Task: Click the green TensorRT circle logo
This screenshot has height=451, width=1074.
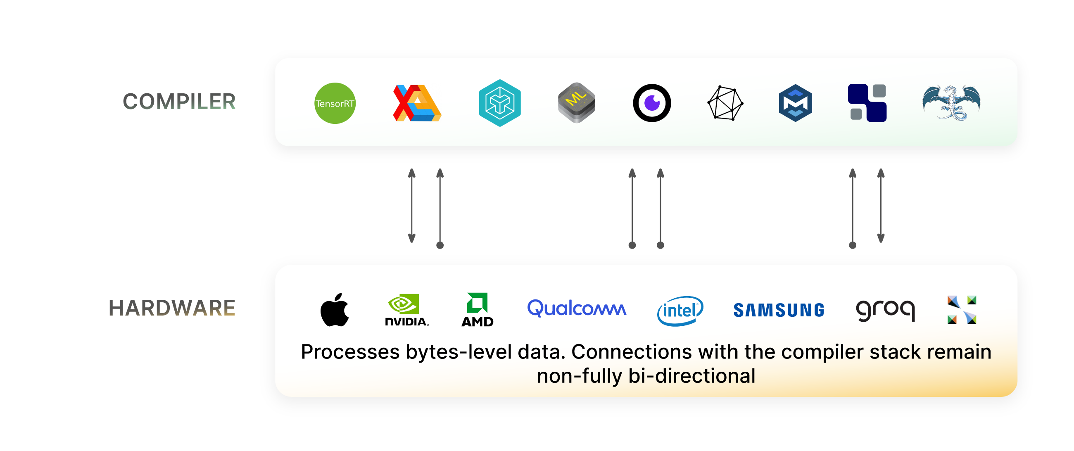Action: tap(335, 103)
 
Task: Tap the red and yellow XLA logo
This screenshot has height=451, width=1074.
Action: tap(416, 103)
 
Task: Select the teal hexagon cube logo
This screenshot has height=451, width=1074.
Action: tap(499, 103)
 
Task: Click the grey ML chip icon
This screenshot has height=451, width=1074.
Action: tap(577, 102)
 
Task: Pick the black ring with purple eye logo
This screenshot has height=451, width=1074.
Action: tap(652, 103)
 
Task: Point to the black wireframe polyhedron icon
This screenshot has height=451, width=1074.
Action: tap(725, 103)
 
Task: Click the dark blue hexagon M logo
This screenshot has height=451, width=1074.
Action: tap(795, 103)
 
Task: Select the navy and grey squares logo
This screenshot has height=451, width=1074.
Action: tap(867, 103)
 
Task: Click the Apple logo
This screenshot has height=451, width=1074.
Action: tap(334, 310)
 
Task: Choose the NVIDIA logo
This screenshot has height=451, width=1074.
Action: tap(406, 310)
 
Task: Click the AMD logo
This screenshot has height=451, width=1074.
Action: tap(478, 310)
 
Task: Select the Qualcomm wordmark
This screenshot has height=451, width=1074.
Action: tap(577, 309)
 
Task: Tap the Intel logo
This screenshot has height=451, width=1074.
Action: tap(680, 311)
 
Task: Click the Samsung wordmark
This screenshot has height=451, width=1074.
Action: tap(778, 310)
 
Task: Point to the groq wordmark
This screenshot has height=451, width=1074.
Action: tap(885, 310)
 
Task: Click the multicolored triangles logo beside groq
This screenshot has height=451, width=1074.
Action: tap(961, 310)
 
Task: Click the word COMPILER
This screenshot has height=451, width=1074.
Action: tap(179, 102)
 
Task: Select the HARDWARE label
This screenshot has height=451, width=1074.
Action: tap(172, 308)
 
